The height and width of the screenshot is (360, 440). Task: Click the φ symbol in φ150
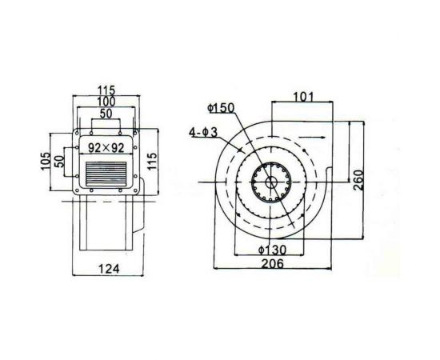coord(209,110)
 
